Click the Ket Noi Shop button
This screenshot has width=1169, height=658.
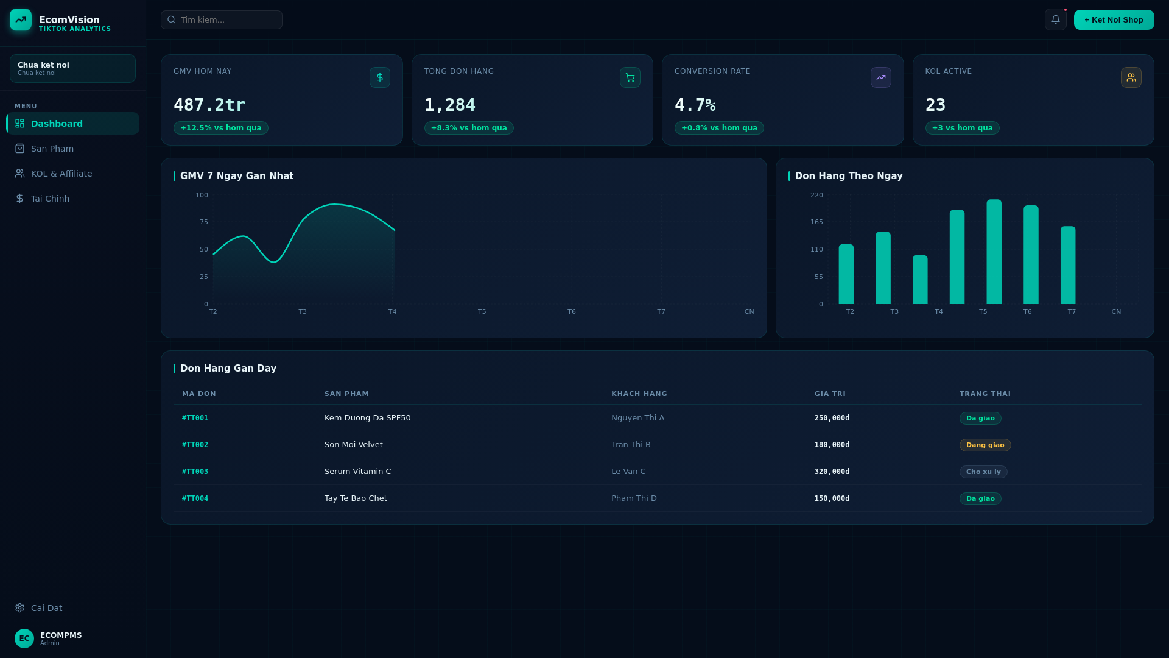[1114, 19]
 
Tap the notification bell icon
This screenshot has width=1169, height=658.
[1055, 19]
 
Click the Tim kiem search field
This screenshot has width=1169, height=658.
[222, 19]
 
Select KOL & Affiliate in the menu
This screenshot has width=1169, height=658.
[61, 174]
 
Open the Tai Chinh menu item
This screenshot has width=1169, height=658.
[50, 199]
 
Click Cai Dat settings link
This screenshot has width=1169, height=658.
[46, 608]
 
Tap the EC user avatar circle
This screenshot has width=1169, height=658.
[24, 639]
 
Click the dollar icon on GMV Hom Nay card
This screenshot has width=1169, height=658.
[380, 77]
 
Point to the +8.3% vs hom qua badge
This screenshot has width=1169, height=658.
[469, 128]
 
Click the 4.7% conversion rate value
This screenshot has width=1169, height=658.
[695, 105]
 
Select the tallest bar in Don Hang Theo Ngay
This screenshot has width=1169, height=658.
[994, 252]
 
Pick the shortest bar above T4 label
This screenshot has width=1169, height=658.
[920, 280]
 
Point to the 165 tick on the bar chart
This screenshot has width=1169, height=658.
[816, 222]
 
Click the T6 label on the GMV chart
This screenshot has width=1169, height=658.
[571, 311]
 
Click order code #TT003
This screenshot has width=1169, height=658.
[195, 472]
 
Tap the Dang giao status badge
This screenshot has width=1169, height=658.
[985, 445]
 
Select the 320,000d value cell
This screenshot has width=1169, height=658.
[832, 472]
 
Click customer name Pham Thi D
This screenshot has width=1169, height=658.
[634, 498]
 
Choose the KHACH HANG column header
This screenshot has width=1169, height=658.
[639, 394]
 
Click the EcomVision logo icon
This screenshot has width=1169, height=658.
[21, 19]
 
